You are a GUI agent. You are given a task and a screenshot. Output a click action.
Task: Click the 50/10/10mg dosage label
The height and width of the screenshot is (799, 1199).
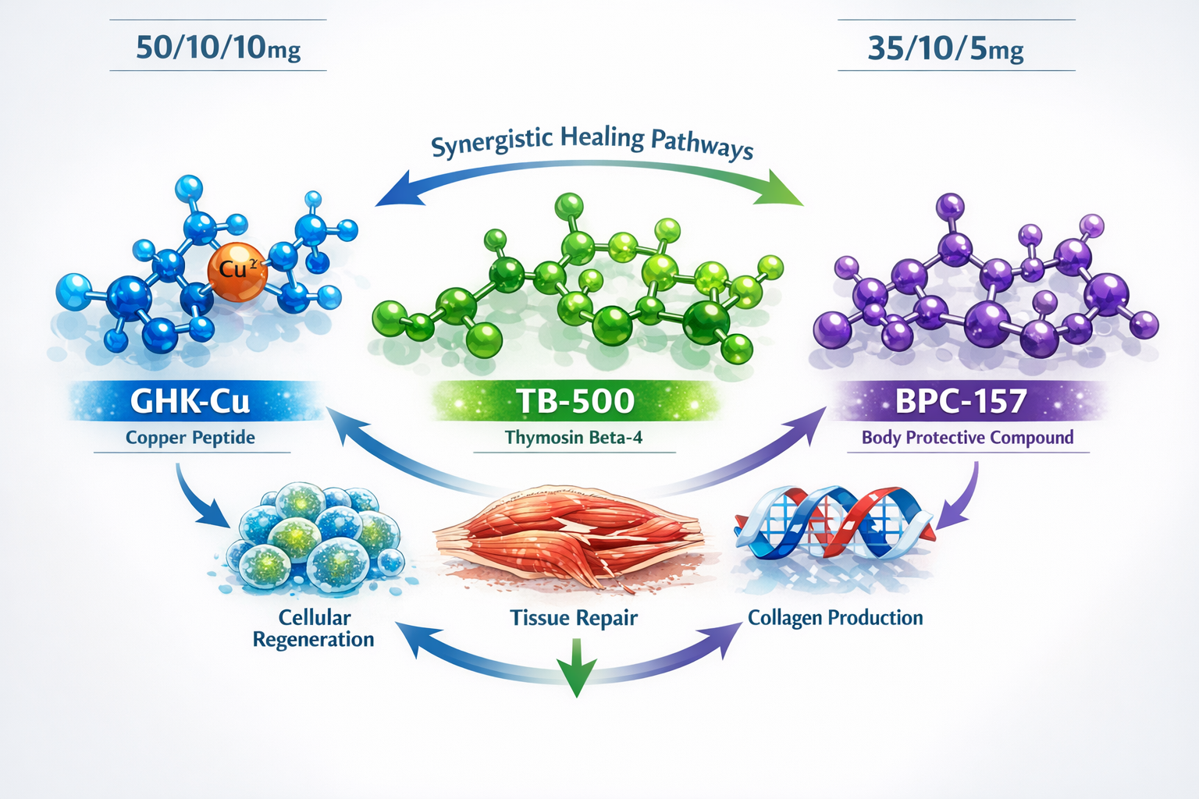218,48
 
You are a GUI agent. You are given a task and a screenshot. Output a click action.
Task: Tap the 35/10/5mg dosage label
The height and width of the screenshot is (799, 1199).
945,48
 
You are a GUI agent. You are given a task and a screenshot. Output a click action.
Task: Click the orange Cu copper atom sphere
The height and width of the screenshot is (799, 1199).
237,272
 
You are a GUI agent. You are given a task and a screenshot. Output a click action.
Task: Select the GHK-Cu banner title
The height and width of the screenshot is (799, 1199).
190,401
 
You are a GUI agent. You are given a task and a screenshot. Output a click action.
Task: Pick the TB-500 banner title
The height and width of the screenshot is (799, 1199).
575,401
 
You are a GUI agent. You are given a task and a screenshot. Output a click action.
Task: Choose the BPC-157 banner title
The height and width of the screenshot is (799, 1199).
960,401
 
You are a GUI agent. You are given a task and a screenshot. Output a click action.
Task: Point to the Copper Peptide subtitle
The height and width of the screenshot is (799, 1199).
190,438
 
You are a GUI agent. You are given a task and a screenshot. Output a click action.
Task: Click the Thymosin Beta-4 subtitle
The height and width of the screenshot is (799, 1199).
574,438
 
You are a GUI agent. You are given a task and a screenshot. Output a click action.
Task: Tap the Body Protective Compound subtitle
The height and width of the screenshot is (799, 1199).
967,438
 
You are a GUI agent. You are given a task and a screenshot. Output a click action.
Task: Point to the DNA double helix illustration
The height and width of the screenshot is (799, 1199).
832,524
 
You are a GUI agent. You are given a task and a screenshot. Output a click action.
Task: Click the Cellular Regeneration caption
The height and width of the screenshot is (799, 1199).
314,628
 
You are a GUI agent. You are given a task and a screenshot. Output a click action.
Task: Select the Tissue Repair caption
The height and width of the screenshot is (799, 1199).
574,618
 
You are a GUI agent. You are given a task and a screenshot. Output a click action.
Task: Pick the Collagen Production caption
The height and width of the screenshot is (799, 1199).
835,618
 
